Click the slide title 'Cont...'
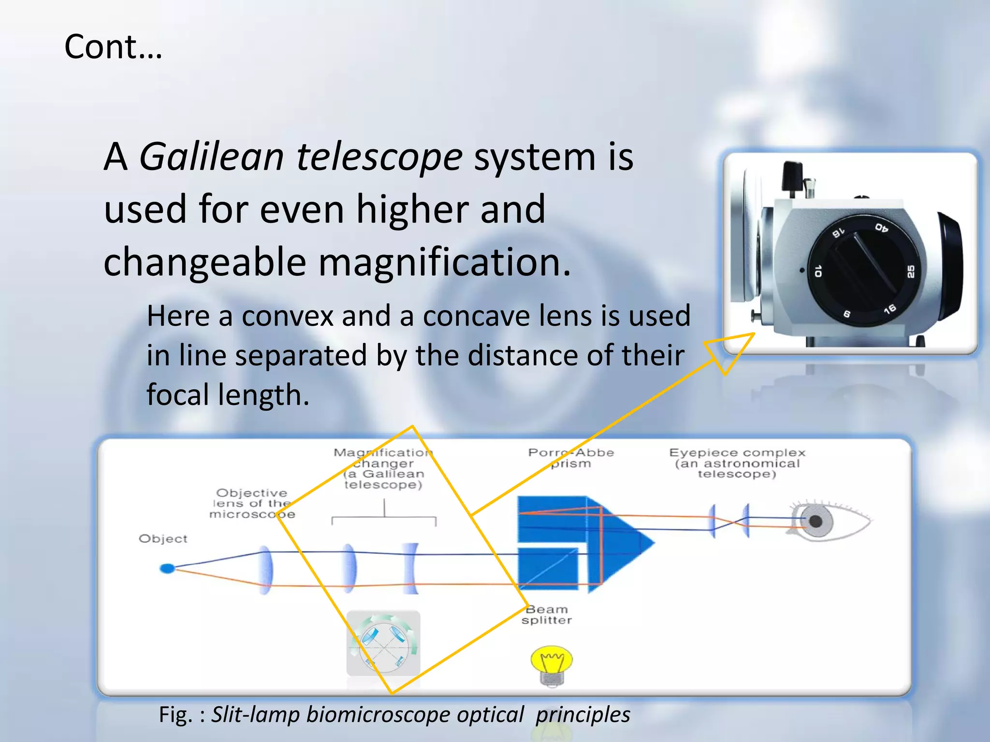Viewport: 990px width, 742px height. click(113, 47)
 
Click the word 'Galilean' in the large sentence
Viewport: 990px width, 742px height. click(212, 157)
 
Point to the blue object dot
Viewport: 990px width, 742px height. click(167, 568)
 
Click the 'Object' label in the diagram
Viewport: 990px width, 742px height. click(163, 539)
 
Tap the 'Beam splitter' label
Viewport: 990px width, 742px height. click(547, 615)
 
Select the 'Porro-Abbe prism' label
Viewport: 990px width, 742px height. click(571, 457)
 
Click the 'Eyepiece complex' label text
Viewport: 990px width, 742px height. click(737, 453)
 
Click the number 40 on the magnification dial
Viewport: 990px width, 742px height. click(881, 228)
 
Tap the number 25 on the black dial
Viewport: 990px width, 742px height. click(911, 271)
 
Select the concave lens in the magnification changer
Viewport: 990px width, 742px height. click(411, 568)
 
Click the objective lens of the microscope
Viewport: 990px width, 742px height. click(265, 570)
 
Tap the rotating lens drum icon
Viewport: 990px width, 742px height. click(383, 643)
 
